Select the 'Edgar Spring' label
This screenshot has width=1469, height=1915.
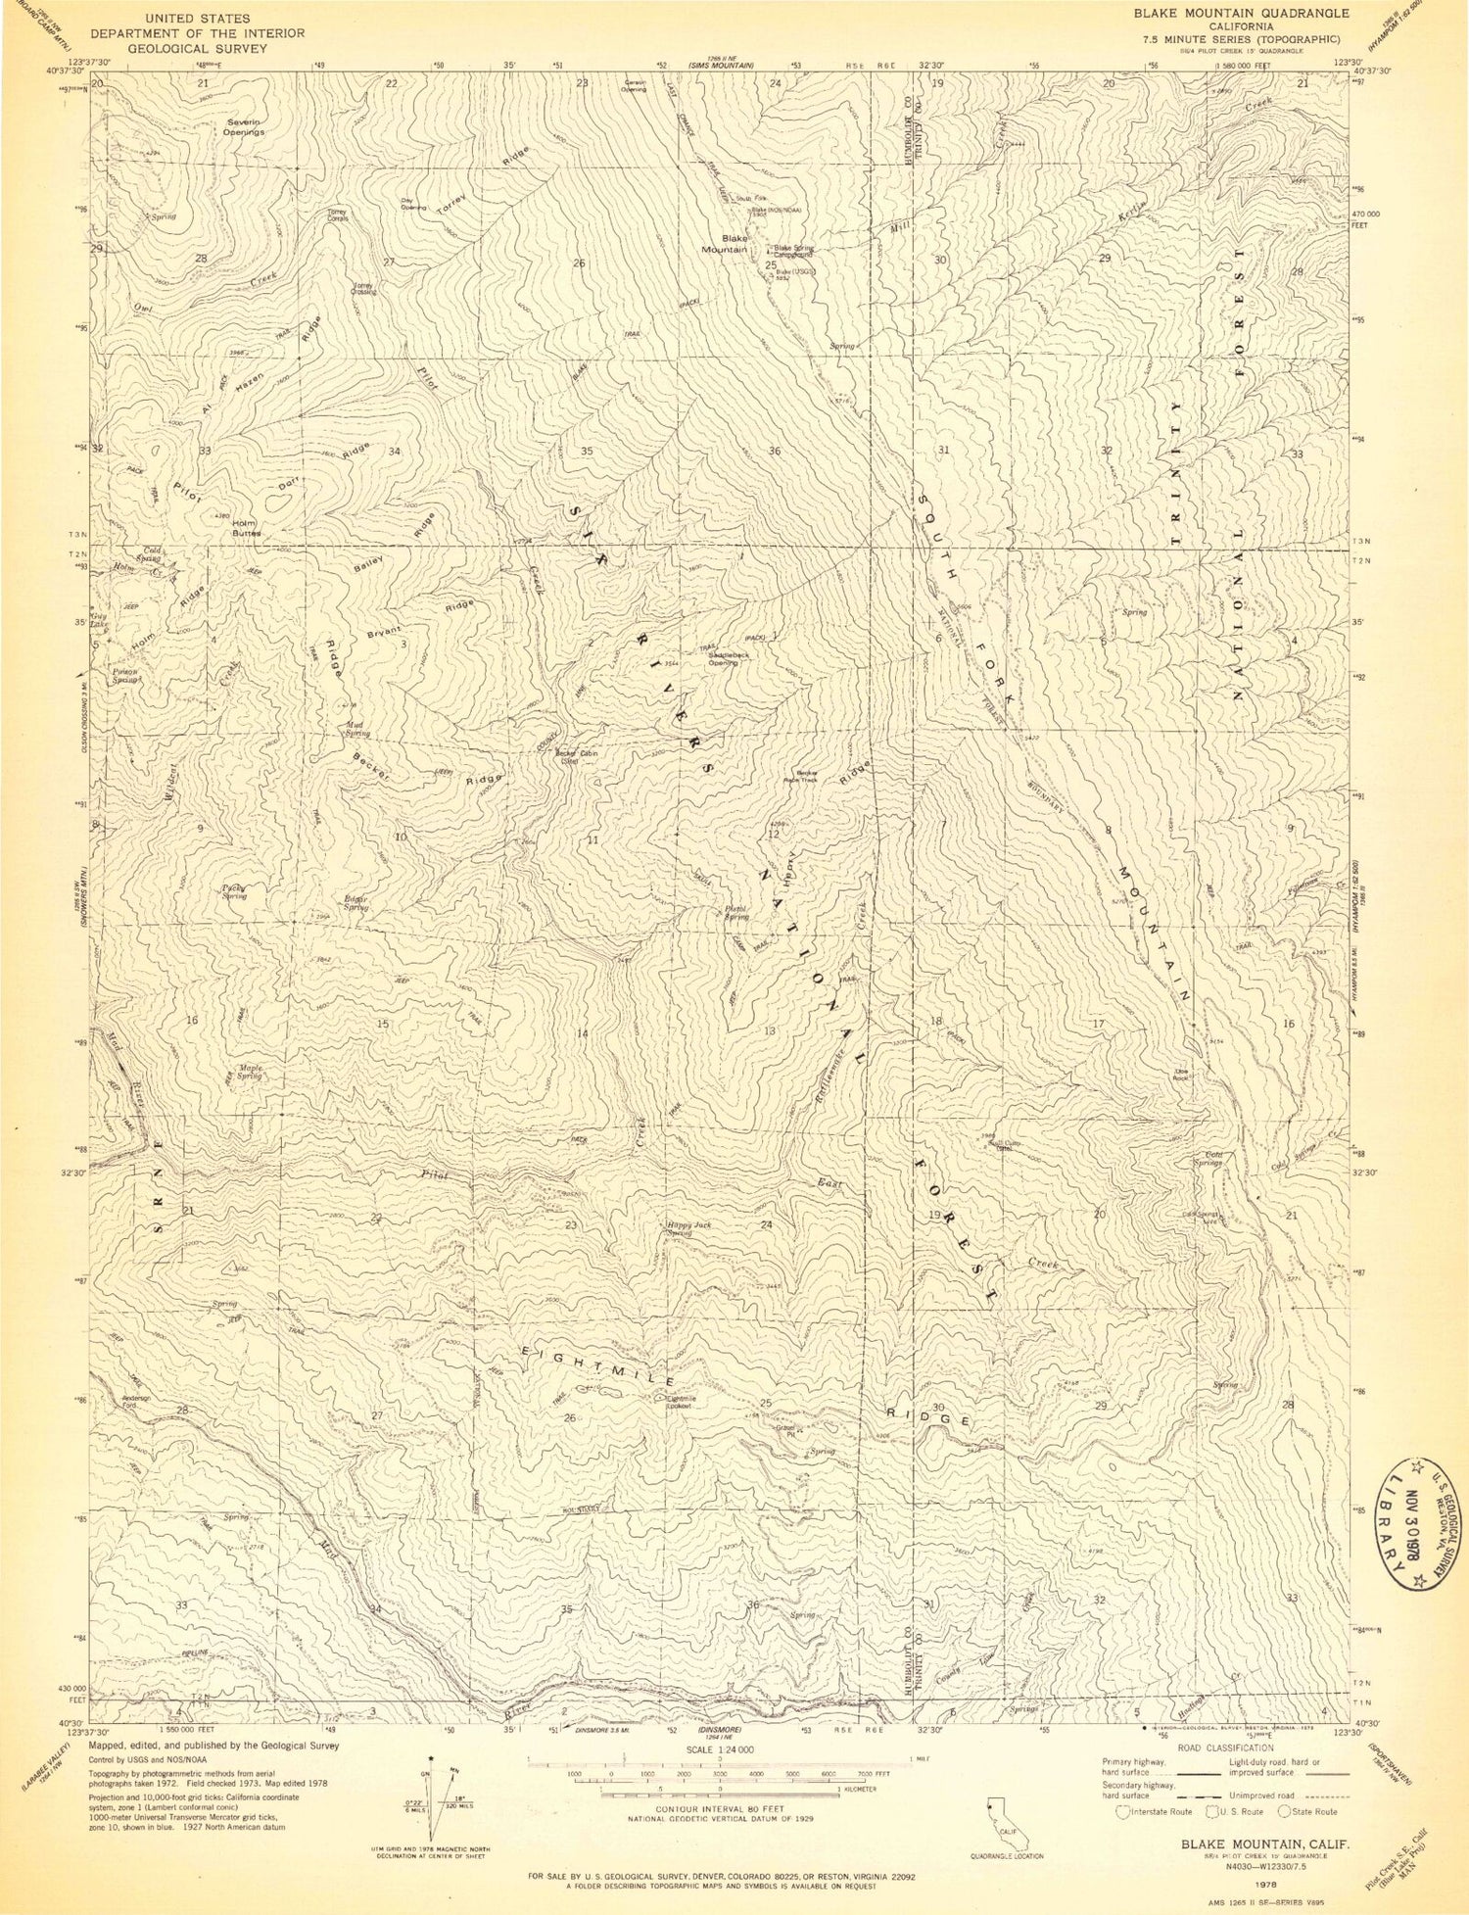pyautogui.click(x=355, y=903)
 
